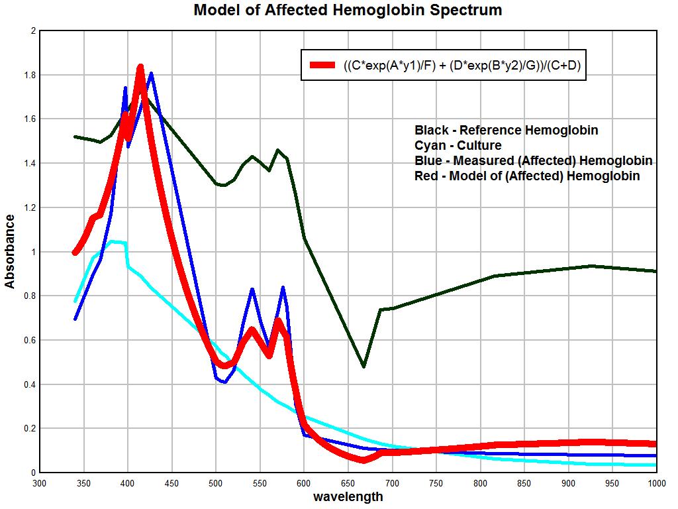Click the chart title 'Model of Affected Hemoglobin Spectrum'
click(x=348, y=11)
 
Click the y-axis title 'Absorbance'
click(x=10, y=251)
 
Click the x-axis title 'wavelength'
click(x=348, y=496)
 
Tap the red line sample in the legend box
click(x=322, y=65)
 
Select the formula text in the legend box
click(x=461, y=65)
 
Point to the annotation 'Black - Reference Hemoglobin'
click(x=506, y=131)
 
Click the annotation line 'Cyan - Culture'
click(x=458, y=146)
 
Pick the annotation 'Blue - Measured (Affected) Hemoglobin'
click(x=533, y=161)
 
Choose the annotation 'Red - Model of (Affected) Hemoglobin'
click(x=527, y=176)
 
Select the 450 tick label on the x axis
click(x=171, y=483)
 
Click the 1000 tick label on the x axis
click(x=655, y=483)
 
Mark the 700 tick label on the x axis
click(x=392, y=483)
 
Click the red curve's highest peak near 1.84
click(x=140, y=67)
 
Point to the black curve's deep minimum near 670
click(x=363, y=366)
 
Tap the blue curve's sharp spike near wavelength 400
click(x=125, y=87)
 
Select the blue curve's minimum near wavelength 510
click(x=224, y=382)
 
